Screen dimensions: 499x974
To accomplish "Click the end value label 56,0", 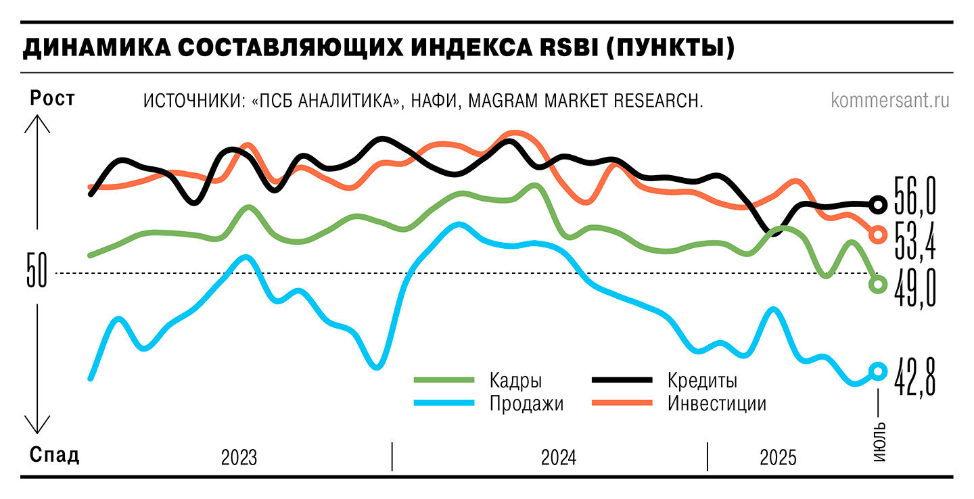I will pos(914,196).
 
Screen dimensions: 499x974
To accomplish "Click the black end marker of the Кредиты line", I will pos(878,204).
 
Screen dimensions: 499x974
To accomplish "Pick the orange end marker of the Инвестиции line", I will pos(878,235).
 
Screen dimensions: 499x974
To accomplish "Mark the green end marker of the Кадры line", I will pos(878,285).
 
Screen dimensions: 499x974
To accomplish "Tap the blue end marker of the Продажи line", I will pos(878,371).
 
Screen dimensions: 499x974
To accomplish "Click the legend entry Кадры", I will pos(517,380).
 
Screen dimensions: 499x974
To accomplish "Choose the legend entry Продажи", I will pos(526,404).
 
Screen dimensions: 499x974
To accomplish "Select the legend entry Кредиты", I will pos(701,380).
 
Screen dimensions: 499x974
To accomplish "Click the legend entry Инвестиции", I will pos(716,404).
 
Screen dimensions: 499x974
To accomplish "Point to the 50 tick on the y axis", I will pos(37,273).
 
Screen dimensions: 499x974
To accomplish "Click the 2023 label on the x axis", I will pos(239,458).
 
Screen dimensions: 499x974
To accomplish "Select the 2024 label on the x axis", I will pos(559,458).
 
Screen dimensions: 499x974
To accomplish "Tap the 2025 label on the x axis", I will pos(778,458).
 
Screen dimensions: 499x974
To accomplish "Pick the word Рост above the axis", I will pos(52,99).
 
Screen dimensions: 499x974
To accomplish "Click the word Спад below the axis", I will pos(54,455).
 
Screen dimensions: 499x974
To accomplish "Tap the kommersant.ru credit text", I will pos(889,101).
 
